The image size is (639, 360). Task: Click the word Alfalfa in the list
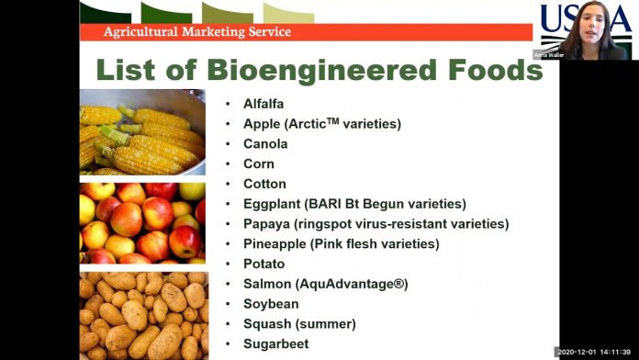coord(263,104)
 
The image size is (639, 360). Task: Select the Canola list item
coord(265,144)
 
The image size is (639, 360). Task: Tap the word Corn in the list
coord(259,163)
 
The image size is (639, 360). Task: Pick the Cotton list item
coord(264,184)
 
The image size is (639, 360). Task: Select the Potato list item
coord(264,264)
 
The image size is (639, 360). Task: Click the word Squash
coord(267,323)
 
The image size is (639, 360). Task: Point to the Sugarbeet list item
coord(275,343)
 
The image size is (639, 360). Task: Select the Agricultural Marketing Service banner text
coord(196,32)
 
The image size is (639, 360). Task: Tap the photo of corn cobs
coord(142,132)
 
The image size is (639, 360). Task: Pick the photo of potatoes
coord(142,315)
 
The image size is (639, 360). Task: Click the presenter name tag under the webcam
coord(550,55)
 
